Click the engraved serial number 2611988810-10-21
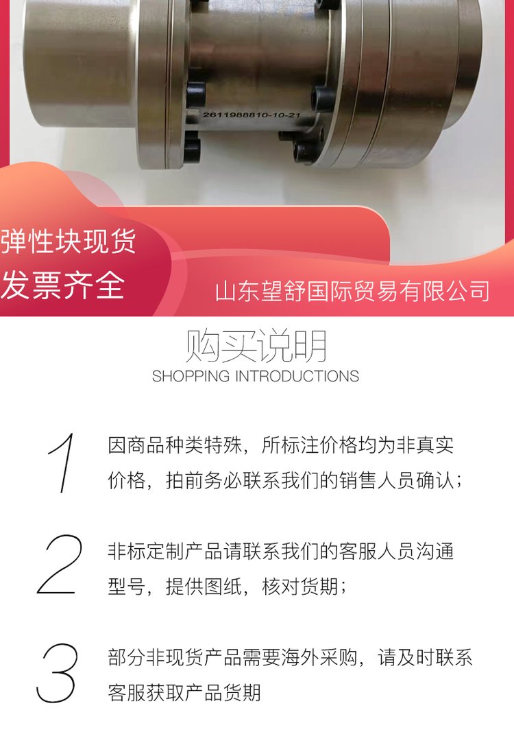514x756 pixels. [x=251, y=115]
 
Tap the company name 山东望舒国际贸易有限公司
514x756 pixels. [x=352, y=291]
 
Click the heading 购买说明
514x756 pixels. [x=256, y=346]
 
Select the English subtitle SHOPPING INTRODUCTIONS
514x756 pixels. [x=256, y=376]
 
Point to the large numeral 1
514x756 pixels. [x=62, y=463]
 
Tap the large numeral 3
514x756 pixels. [x=57, y=673]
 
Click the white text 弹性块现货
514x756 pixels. [x=69, y=241]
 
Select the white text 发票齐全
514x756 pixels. [x=62, y=285]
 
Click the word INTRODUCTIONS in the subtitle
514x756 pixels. [x=297, y=376]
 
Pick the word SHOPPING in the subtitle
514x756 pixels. [x=191, y=376]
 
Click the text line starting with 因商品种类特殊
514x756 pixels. [x=281, y=445]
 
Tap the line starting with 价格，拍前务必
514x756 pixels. [x=285, y=480]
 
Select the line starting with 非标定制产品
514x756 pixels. [x=281, y=551]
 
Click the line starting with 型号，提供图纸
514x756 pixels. [x=227, y=587]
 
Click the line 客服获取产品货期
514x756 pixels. [x=184, y=692]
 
